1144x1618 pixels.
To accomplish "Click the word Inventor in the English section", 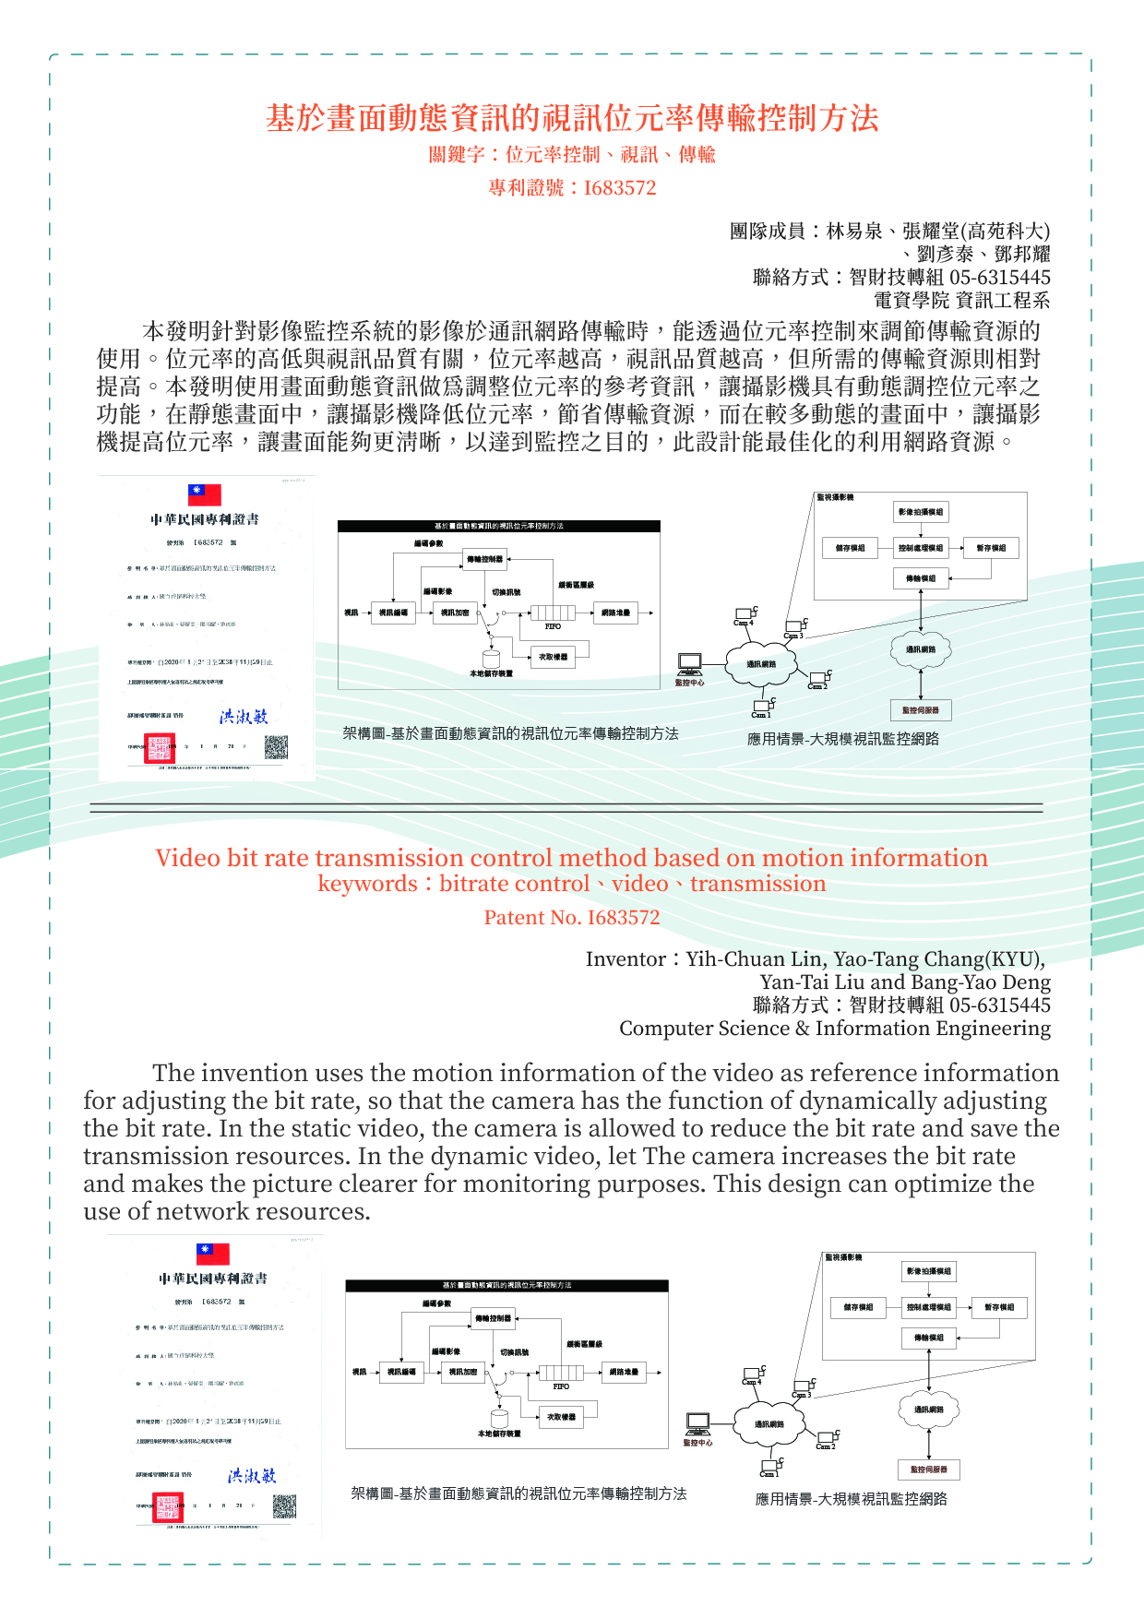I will click(x=625, y=959).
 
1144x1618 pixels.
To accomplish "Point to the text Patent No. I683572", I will click(x=572, y=917).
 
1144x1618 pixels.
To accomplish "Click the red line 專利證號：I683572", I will click(x=572, y=187).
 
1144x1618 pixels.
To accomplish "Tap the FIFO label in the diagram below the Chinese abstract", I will click(x=553, y=626).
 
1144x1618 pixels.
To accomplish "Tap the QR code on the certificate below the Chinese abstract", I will click(x=277, y=746).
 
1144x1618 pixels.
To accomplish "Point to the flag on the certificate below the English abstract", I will click(x=213, y=1254).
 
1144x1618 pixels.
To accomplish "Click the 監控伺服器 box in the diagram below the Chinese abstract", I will click(x=921, y=710).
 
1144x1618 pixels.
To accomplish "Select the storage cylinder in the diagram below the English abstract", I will click(x=499, y=1418).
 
